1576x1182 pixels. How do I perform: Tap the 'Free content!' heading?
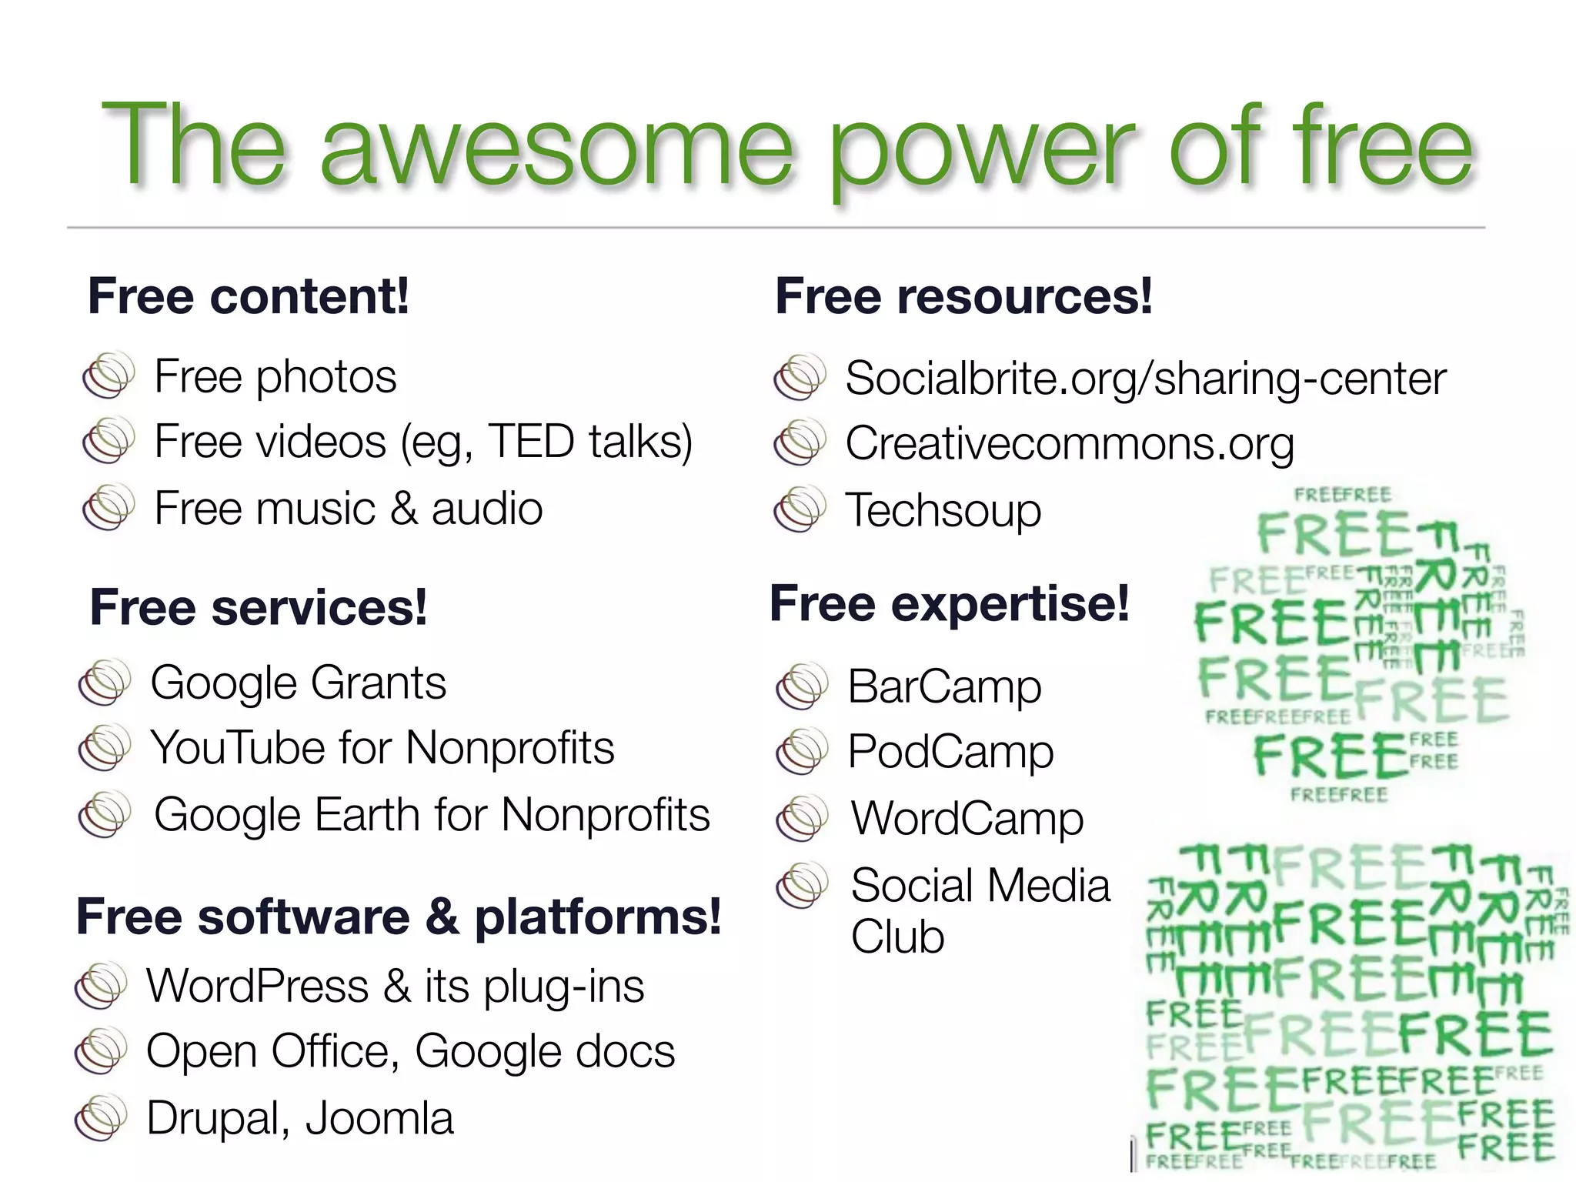tap(248, 296)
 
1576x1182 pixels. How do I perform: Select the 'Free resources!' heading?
tap(963, 296)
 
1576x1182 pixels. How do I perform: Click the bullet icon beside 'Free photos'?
tap(109, 376)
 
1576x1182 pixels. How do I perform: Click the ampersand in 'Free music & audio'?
tap(405, 509)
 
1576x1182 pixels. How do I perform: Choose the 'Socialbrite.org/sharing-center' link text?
tap(1145, 379)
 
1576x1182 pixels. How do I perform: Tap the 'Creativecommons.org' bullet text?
tap(1069, 444)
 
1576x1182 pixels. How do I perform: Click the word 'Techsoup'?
tap(943, 510)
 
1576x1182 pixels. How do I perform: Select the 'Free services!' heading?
tap(258, 607)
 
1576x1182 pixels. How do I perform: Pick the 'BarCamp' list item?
tap(944, 686)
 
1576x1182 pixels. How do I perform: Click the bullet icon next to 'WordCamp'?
tap(802, 818)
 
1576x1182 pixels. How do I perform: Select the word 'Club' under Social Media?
tap(897, 937)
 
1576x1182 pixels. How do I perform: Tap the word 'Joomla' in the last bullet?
tap(379, 1118)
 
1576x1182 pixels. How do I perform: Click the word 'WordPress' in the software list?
tap(258, 987)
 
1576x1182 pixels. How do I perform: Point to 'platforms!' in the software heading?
tap(597, 917)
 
